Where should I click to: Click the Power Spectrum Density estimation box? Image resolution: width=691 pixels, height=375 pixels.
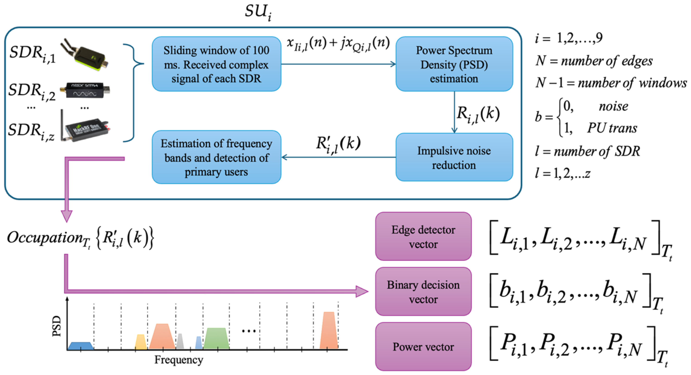(454, 64)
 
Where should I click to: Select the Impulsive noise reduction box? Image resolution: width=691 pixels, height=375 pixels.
(454, 157)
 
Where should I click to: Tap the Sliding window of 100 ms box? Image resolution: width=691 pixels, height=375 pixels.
(216, 64)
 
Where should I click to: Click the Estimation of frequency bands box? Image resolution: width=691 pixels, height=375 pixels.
(216, 157)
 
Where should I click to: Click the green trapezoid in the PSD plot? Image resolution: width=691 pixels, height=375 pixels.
(216, 339)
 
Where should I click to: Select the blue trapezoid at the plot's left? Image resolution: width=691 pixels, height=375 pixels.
(80, 346)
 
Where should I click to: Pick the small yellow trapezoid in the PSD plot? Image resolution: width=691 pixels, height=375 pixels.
(141, 342)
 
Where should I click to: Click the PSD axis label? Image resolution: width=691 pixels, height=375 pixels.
(57, 326)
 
